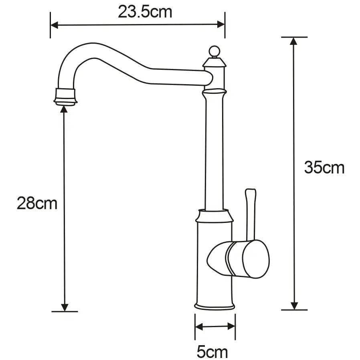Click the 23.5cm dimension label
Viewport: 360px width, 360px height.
[145, 12]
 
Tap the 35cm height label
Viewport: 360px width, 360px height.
[324, 168]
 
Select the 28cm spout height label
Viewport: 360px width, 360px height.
[37, 203]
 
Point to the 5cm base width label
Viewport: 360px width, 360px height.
[212, 352]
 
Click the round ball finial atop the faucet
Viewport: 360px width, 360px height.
[214, 51]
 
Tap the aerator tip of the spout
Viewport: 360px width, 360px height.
[65, 97]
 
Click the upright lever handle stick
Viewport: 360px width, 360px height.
[250, 214]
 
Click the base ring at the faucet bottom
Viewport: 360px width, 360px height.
[214, 306]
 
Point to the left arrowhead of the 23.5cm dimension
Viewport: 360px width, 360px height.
[54, 25]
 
